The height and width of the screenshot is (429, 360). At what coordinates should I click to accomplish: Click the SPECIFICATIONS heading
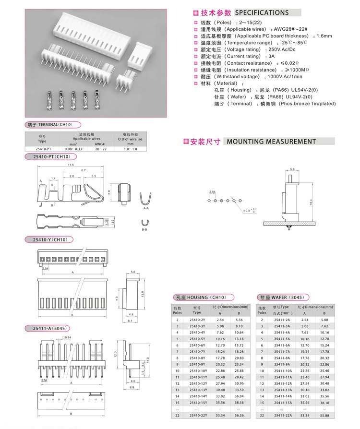click(x=262, y=12)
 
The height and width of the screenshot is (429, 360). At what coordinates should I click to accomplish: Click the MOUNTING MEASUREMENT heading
click(x=271, y=142)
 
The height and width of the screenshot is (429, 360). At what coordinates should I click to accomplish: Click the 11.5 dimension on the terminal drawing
click(x=71, y=165)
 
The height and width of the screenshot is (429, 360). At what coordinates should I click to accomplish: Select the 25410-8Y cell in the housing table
click(x=197, y=357)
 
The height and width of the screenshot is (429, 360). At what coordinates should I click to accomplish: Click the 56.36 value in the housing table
click(x=240, y=415)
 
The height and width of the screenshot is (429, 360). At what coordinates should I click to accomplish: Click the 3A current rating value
click(x=272, y=56)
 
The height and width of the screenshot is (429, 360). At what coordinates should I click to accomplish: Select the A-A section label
click(x=146, y=209)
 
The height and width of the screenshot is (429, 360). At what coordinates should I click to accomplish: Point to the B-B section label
click(x=144, y=230)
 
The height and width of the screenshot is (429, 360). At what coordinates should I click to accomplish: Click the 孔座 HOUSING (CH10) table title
click(x=204, y=297)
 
